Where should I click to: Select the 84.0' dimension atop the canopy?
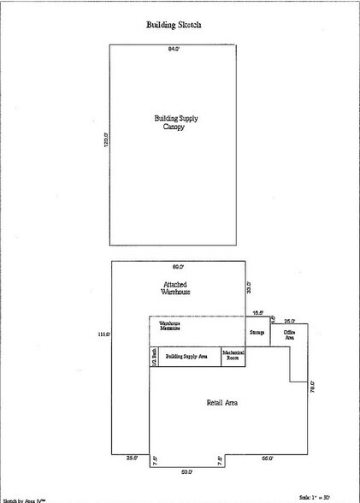tap(174, 50)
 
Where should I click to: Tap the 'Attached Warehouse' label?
tap(176, 287)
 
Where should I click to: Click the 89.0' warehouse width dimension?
tap(179, 268)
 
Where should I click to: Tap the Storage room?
tap(257, 331)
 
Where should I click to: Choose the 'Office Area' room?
tap(289, 335)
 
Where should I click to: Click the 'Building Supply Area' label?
tap(186, 355)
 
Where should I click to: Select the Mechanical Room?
tap(233, 355)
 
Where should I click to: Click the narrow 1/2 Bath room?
tap(154, 356)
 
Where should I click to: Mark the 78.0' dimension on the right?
tap(312, 387)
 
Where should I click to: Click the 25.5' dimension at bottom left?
tap(131, 459)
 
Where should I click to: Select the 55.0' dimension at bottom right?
tap(267, 459)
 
